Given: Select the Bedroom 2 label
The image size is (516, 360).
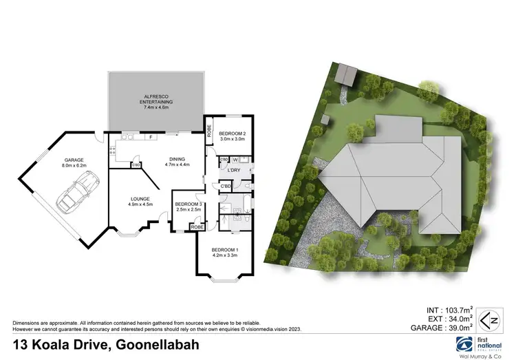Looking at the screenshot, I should pyautogui.click(x=232, y=136).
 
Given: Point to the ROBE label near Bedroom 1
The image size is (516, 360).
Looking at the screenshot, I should pyautogui.click(x=197, y=226).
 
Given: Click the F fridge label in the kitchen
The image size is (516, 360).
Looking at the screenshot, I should pyautogui.click(x=150, y=138).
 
